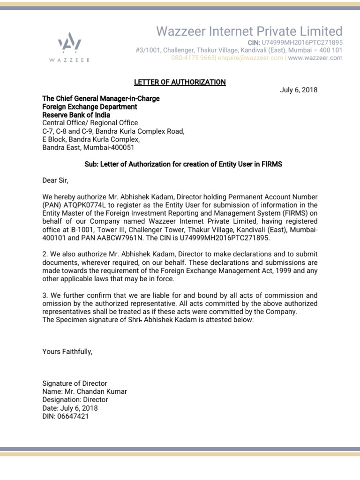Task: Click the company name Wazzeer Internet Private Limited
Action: pyautogui.click(x=249, y=31)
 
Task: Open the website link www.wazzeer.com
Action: pyautogui.click(x=315, y=58)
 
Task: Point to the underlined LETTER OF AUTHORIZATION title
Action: pyautogui.click(x=180, y=82)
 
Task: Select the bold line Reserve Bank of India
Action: pyautogui.click(x=76, y=115)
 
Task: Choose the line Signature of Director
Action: pyautogui.click(x=75, y=383)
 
